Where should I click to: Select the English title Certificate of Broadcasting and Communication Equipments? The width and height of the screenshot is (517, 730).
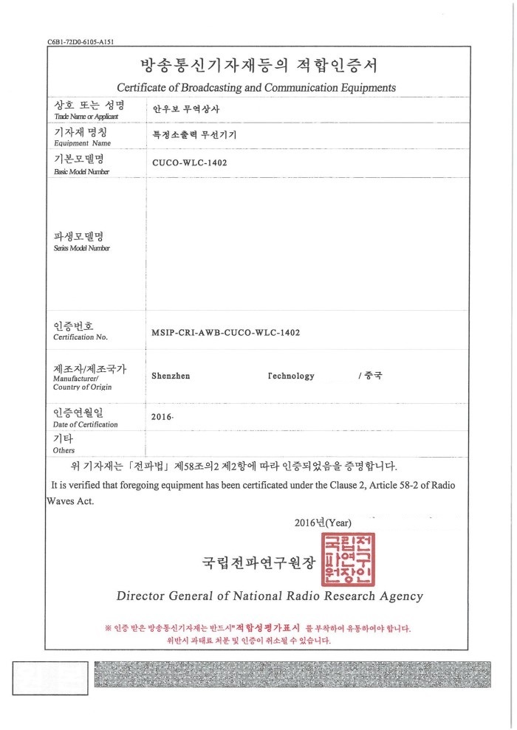coord(256,88)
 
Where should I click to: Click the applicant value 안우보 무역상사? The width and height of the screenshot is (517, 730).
coord(186,109)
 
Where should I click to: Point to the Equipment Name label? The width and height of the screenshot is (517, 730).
coord(82,143)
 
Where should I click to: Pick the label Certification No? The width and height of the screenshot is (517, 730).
coord(81,337)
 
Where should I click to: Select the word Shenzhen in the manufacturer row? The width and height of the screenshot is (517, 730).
coord(171,376)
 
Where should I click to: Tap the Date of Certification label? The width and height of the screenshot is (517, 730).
coord(86,425)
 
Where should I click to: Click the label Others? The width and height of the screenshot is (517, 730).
coord(64,450)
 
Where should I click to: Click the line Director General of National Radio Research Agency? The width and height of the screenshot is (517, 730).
coord(270,596)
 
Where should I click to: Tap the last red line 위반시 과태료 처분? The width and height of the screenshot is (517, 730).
coord(258,641)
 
